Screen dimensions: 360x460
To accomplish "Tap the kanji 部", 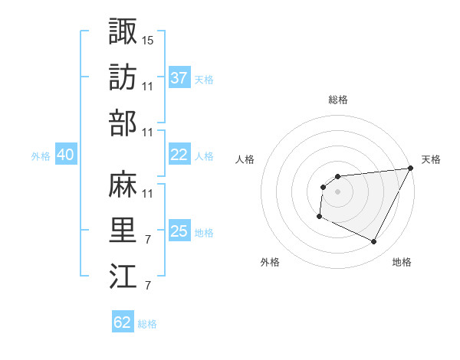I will (123, 123).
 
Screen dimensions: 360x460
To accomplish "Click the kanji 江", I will (123, 277).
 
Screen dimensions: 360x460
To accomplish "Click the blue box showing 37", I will (179, 78).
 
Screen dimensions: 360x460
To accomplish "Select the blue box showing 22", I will (179, 155).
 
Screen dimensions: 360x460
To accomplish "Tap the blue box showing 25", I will (179, 231).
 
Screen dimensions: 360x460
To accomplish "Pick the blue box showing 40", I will (65, 155).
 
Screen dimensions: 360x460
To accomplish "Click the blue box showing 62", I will (123, 322).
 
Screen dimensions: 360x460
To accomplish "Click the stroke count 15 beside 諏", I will (148, 39).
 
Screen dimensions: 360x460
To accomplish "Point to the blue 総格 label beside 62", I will (147, 324).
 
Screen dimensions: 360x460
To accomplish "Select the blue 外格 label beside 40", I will (41, 156).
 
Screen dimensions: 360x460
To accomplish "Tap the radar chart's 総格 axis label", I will (337, 100).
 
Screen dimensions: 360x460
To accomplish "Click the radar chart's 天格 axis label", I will (431, 159).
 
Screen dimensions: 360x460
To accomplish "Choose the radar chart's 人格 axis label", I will (245, 159).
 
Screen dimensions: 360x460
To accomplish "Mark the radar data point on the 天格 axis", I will (411, 169).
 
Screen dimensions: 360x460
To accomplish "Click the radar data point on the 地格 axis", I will (374, 242).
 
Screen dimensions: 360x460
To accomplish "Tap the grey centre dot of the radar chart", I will (337, 191).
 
